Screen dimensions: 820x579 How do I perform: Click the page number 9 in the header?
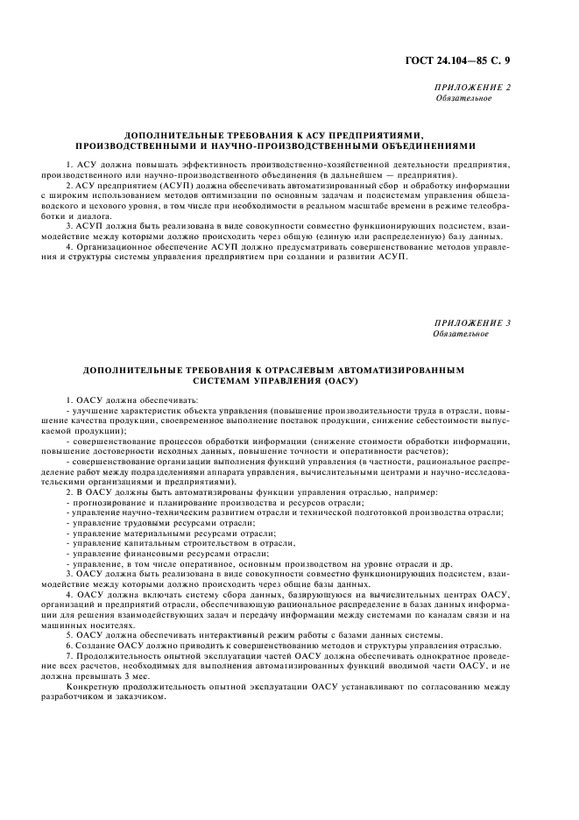point(507,60)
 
